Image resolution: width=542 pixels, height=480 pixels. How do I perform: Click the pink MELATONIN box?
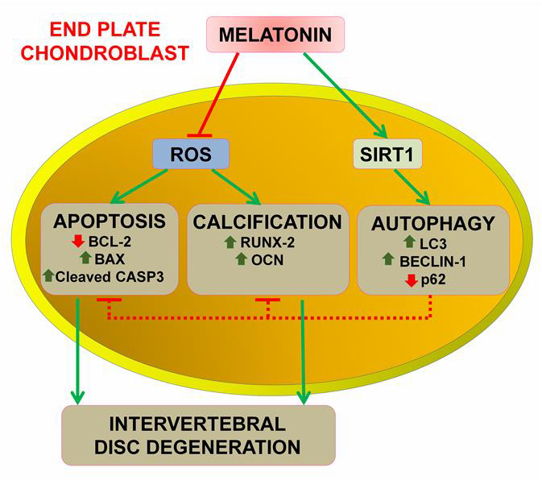point(275,35)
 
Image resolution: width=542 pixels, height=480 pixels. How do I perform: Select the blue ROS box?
point(191,154)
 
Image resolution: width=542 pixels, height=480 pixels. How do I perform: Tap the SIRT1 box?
point(387,154)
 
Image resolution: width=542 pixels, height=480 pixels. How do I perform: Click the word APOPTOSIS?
point(110,221)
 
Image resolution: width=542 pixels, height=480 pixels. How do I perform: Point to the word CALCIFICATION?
point(267,221)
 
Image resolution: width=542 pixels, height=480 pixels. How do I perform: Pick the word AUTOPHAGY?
point(433,224)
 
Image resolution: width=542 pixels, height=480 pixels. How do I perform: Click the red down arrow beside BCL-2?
point(78,242)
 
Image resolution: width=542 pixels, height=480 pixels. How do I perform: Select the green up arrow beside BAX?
point(85,259)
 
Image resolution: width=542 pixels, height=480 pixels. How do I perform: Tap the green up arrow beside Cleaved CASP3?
point(49,275)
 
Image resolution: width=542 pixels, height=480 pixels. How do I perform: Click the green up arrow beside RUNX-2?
point(230,242)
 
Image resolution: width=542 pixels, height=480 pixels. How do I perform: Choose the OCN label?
point(267,260)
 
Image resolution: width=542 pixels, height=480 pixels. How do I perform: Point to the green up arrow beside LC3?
point(410,242)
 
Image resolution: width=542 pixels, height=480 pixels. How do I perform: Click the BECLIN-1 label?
point(432,262)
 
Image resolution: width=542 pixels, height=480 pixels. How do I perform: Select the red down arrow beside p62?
point(412,280)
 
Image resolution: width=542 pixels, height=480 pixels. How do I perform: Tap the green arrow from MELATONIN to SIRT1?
point(345,95)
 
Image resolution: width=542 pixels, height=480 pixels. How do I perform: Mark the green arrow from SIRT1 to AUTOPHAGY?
point(412,187)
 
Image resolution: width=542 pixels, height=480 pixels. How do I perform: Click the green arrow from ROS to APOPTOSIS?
point(139,186)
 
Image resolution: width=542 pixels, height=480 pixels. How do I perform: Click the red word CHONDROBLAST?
point(105,53)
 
